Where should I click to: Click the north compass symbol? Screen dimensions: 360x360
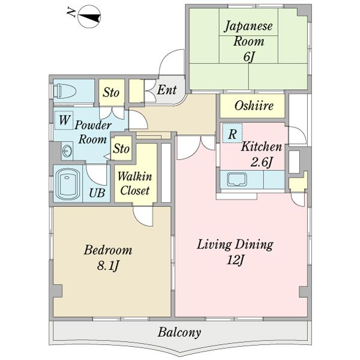[89, 17]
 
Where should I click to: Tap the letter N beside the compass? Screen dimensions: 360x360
[71, 12]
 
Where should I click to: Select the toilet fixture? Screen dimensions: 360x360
[64, 91]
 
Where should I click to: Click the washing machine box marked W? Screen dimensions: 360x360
[64, 120]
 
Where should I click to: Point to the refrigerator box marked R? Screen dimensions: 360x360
[232, 133]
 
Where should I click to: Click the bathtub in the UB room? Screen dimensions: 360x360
[67, 184]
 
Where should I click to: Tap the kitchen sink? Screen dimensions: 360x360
[237, 179]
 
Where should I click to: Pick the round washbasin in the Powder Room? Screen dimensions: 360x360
[67, 151]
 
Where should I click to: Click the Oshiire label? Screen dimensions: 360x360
[254, 106]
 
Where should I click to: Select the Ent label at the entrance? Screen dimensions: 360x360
[167, 90]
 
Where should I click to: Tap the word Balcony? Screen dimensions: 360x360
[179, 332]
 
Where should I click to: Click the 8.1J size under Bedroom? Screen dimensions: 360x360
[108, 266]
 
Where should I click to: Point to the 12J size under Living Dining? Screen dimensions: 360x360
[235, 260]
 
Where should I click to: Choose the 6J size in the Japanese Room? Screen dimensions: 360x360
[249, 57]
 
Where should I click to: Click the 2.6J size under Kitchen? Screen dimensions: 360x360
[262, 163]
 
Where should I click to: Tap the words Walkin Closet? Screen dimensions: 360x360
[135, 184]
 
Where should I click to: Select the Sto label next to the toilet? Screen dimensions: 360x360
[111, 92]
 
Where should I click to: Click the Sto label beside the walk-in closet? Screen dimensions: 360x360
[121, 148]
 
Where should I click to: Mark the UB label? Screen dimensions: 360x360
[97, 193]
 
